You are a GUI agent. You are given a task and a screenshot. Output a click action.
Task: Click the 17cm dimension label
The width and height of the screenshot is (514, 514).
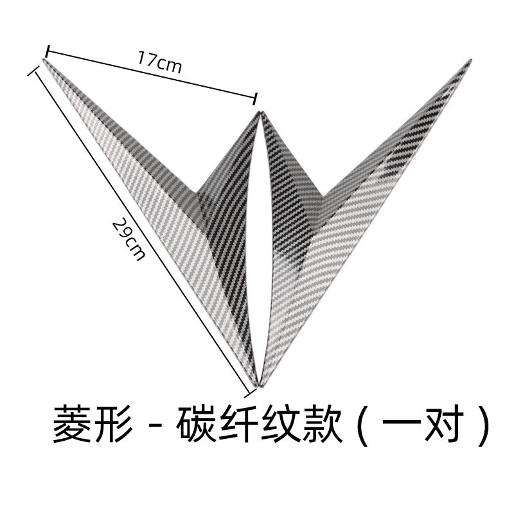(159, 63)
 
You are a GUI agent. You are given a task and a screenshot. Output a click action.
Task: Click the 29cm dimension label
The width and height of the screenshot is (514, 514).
(128, 239)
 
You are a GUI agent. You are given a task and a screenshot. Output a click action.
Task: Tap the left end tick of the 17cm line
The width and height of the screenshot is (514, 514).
(48, 49)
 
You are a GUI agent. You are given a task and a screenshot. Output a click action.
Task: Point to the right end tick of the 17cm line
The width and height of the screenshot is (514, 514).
(256, 98)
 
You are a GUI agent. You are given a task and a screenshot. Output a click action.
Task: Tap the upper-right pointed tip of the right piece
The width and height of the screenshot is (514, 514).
(468, 62)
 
